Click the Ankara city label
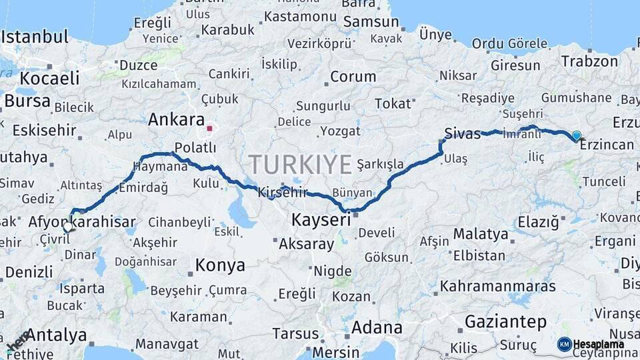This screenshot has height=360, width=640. click(175, 120)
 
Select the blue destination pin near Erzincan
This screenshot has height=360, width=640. click(577, 135)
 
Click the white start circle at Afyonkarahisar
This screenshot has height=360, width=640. click(67, 227)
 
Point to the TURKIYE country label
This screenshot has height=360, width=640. click(300, 164)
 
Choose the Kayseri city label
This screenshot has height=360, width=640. click(321, 219)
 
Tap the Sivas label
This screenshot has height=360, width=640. click(463, 133)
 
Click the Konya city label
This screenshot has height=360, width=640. click(220, 265)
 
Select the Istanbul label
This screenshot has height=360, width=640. click(35, 36)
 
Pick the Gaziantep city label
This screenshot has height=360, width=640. click(505, 322)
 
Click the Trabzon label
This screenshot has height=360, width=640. click(589, 61)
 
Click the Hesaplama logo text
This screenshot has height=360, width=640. click(599, 344)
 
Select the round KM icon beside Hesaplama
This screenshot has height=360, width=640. click(564, 344)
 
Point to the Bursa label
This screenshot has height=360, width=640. click(27, 101)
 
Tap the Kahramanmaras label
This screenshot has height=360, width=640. click(497, 287)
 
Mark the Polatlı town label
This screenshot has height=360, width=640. click(195, 147)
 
